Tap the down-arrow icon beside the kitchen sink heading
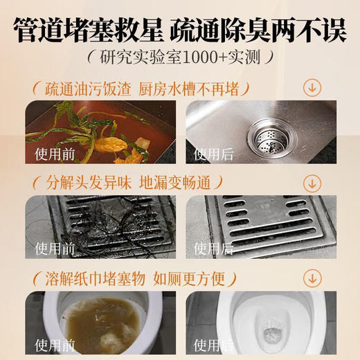pyautogui.click(x=312, y=88)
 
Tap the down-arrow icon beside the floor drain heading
pyautogui.click(x=312, y=183)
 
